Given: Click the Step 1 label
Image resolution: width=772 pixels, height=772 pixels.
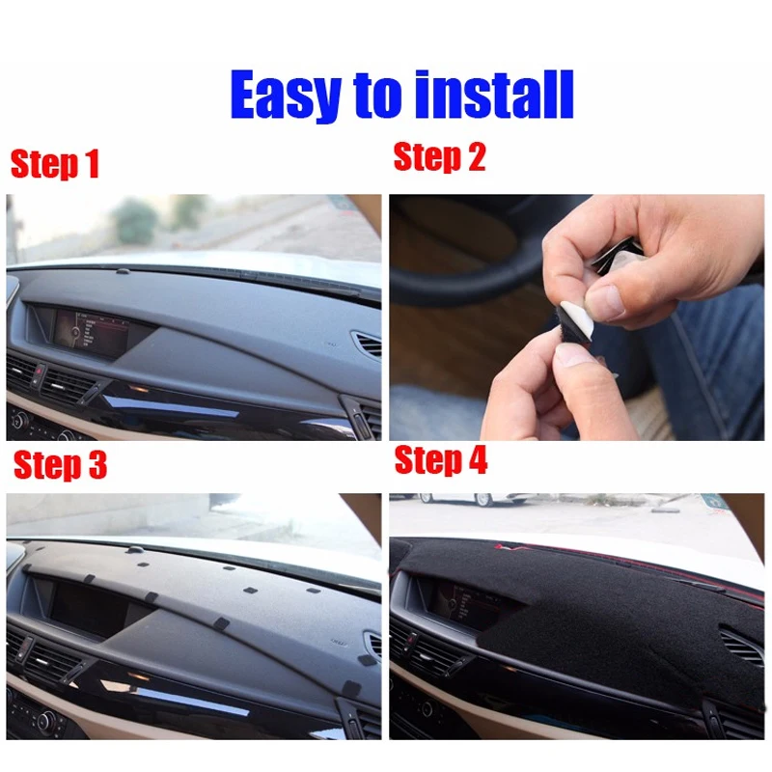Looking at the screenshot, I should tap(55, 164).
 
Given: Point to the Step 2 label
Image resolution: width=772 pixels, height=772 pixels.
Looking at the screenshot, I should tap(439, 156).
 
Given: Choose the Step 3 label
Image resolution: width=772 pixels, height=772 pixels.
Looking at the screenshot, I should tap(59, 465).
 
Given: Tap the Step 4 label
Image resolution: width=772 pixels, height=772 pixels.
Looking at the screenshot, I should tap(441, 461).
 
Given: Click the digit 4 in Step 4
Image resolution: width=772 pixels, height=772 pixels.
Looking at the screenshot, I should tap(477, 461).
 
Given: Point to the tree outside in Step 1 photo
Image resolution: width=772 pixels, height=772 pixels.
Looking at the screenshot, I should tap(135, 220).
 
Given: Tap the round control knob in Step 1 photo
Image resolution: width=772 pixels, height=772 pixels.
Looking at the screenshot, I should tap(19, 421).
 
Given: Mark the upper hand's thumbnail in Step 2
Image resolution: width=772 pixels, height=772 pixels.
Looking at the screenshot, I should tap(607, 300).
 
